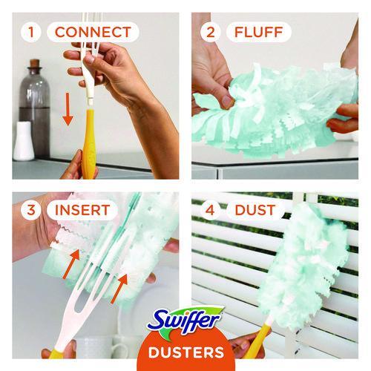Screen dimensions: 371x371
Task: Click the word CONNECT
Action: [x=93, y=32]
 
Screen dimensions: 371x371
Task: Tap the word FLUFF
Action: [x=258, y=32]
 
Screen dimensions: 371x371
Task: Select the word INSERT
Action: [x=82, y=210]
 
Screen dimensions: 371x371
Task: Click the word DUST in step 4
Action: [x=255, y=210]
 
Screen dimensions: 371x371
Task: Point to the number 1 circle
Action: [x=31, y=32]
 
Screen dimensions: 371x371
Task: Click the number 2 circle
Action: [x=210, y=32]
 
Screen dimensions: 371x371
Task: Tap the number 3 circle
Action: [x=31, y=210]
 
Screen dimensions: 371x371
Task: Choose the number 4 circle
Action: [x=210, y=210]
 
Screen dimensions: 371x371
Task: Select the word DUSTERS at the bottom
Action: [x=186, y=352]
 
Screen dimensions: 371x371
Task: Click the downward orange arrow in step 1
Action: [x=68, y=109]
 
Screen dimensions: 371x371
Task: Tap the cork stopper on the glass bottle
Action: [x=35, y=63]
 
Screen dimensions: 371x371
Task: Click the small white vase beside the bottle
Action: [x=24, y=141]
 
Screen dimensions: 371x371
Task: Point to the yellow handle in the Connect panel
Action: [x=88, y=145]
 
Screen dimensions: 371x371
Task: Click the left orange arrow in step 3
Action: [x=72, y=264]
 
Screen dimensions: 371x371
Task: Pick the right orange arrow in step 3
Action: [x=119, y=289]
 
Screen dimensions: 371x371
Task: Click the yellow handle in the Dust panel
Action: [x=257, y=340]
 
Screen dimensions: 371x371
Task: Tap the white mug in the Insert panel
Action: [x=102, y=347]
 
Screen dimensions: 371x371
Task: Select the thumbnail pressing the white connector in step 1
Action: [x=91, y=59]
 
